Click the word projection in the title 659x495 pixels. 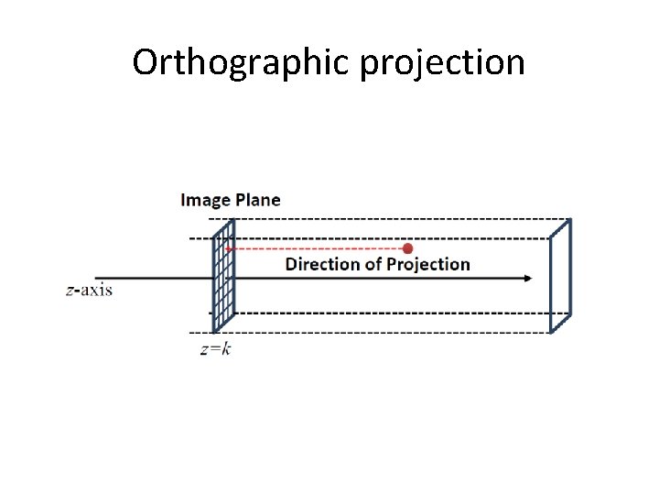click(442, 64)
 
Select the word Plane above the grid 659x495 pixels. click(255, 200)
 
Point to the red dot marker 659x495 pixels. click(408, 248)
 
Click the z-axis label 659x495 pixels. click(89, 291)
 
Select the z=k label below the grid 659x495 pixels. click(215, 349)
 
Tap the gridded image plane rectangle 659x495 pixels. click(223, 275)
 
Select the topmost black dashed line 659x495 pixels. click(384, 219)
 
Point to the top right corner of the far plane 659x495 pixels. click(570, 219)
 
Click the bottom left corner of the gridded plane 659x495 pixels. click(214, 332)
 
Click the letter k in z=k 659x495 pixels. click(226, 349)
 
